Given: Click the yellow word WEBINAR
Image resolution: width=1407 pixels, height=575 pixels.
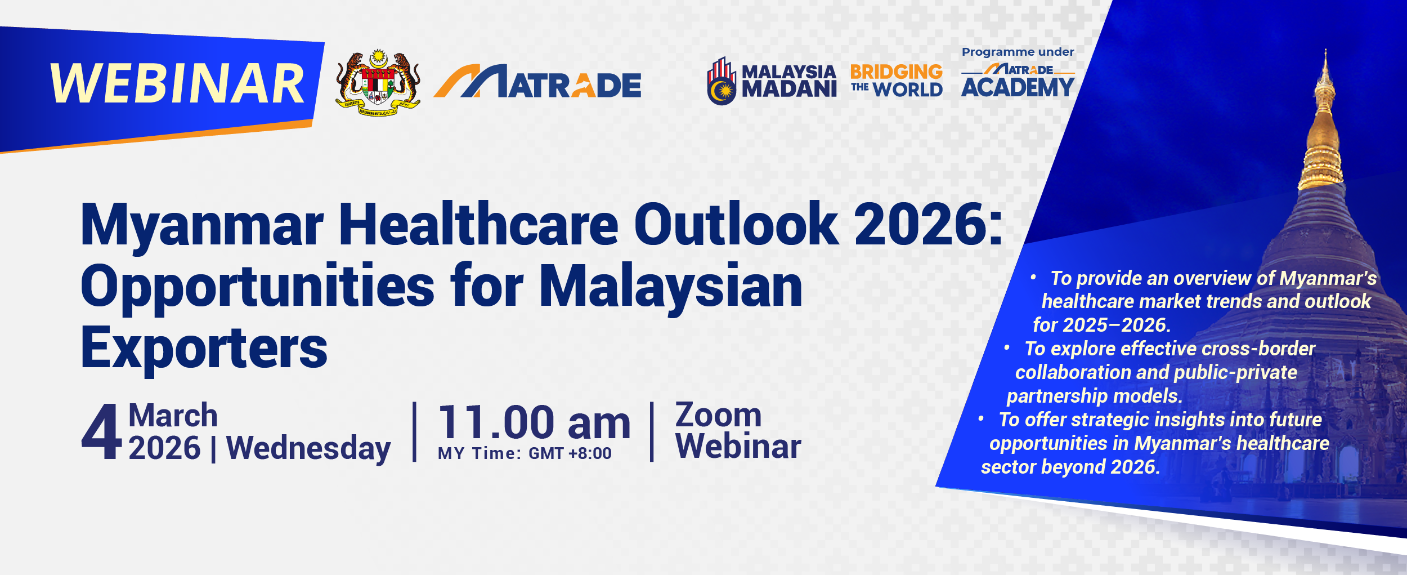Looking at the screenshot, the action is (x=177, y=83).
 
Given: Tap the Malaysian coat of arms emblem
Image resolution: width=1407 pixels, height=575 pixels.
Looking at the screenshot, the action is (x=378, y=82).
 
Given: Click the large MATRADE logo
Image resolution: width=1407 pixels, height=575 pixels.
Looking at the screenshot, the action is (x=537, y=82).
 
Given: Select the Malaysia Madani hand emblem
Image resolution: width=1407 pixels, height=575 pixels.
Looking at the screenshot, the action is (x=722, y=81).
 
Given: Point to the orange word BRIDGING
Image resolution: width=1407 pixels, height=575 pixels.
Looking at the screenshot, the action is (x=896, y=72).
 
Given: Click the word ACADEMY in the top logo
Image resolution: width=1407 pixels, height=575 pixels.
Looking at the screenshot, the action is (x=1018, y=87).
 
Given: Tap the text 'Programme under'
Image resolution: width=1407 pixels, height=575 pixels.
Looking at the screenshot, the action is (x=1018, y=52).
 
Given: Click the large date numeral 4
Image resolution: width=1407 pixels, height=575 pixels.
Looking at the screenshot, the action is (x=101, y=431).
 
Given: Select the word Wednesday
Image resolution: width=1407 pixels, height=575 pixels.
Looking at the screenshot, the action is (x=308, y=449).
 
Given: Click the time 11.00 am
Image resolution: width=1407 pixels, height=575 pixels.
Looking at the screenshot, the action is (x=535, y=422).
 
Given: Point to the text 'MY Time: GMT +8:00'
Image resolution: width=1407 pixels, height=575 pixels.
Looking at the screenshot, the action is (x=525, y=453).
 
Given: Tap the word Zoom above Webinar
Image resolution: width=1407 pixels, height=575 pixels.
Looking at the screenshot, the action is (x=719, y=415).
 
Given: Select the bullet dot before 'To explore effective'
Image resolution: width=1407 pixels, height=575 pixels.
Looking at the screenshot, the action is (x=1007, y=347).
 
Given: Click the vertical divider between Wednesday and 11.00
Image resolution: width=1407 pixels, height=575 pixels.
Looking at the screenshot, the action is (x=415, y=432).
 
